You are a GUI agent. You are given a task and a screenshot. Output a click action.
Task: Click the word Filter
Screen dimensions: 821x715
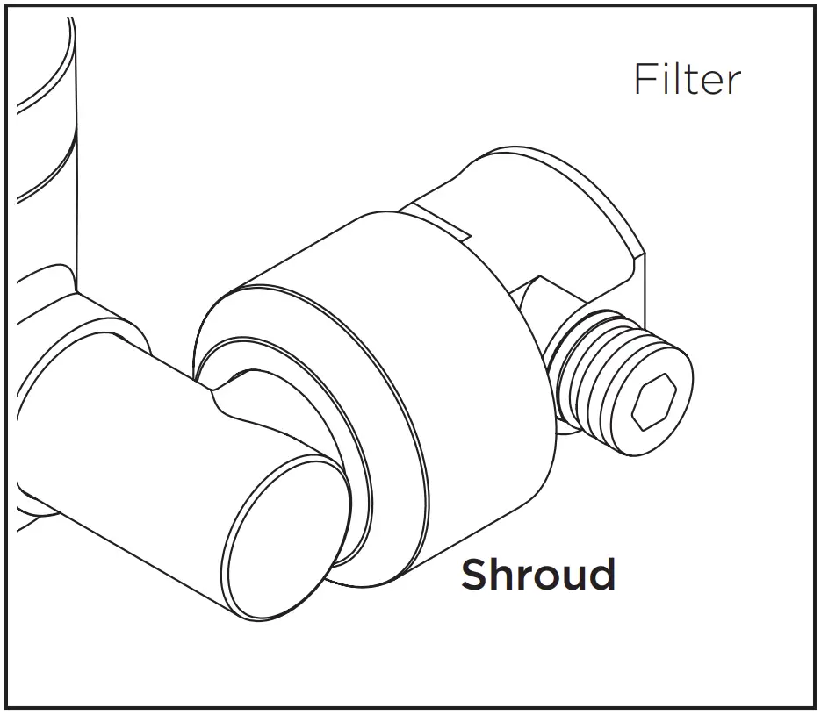(687, 80)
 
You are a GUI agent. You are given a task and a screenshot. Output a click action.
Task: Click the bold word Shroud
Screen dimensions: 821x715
(537, 575)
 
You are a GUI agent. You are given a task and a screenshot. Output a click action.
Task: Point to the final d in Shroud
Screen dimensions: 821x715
(601, 575)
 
